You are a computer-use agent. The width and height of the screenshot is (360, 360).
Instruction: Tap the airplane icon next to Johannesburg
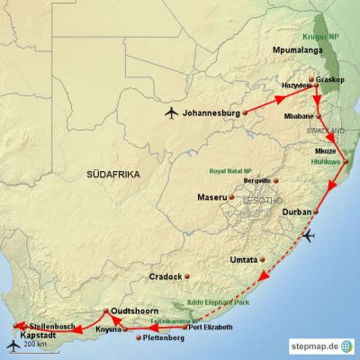(171, 112)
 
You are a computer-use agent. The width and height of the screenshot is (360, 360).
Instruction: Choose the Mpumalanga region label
(296, 52)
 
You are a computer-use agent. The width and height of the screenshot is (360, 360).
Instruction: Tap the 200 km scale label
(35, 345)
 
